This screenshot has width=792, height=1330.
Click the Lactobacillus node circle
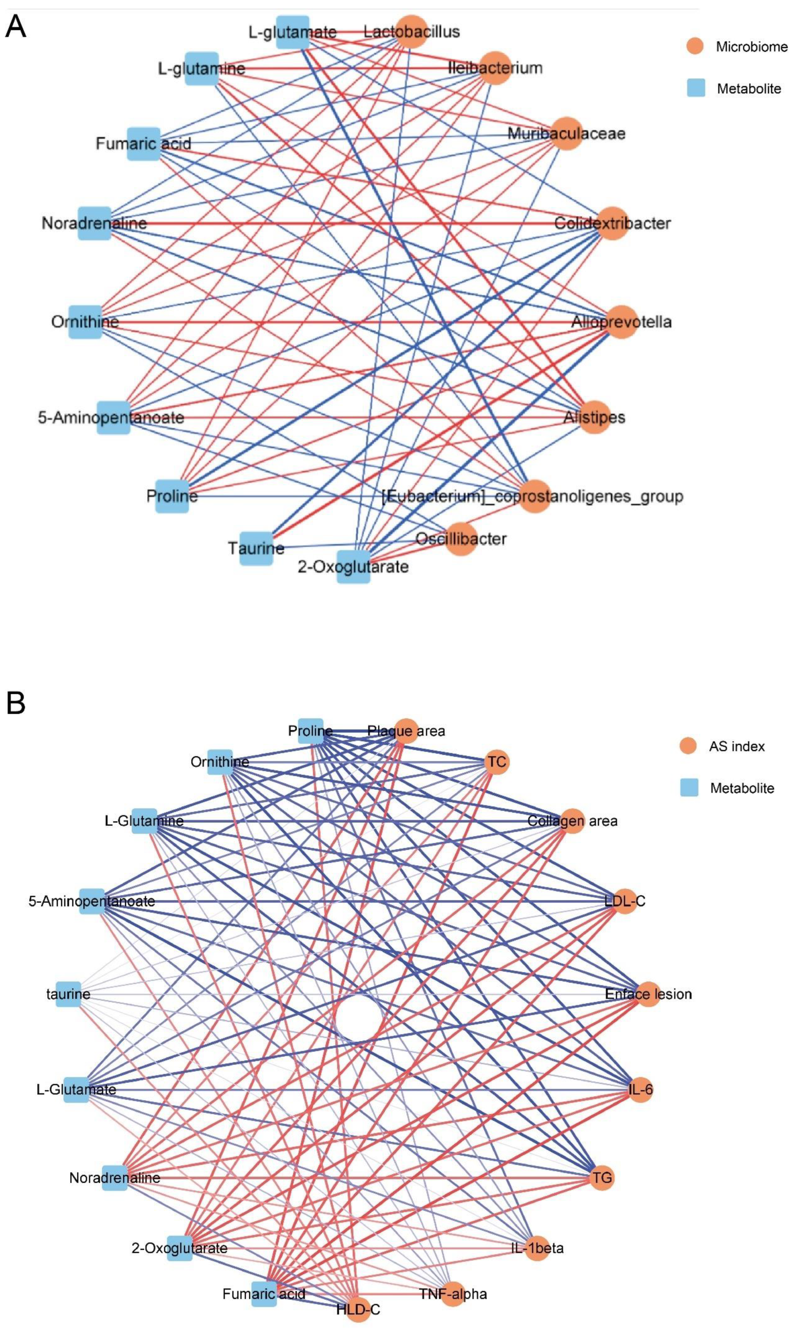click(x=411, y=32)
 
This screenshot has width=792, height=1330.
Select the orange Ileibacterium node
click(x=495, y=68)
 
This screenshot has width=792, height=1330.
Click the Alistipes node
click(x=594, y=417)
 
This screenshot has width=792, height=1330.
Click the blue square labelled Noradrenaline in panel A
click(x=94, y=223)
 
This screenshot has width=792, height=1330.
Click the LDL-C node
click(x=625, y=902)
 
